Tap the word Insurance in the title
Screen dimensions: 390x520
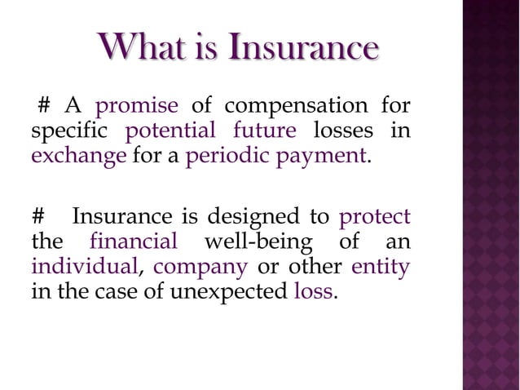pos(302,48)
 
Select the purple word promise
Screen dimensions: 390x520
pos(137,108)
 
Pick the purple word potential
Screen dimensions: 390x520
pos(171,131)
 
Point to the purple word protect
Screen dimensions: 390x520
pos(374,218)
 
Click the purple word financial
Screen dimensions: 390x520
pos(134,242)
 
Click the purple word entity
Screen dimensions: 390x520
pos(381,266)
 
